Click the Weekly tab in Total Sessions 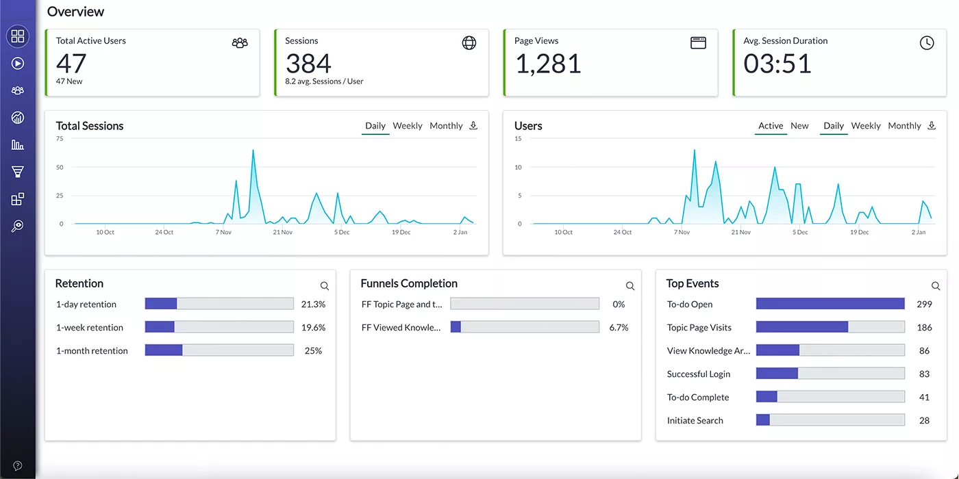408,126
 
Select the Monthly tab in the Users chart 904,126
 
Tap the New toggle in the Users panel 799,126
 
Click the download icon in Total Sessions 473,126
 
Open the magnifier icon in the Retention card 325,286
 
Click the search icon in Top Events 936,286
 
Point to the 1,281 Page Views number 548,64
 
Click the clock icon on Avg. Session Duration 927,43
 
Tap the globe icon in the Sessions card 469,43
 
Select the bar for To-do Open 830,304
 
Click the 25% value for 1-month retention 313,351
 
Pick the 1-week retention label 90,328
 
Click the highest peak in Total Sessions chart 253,150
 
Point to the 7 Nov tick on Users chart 682,233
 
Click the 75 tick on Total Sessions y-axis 60,139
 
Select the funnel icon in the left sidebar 18,172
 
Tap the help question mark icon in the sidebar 18,466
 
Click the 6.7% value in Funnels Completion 619,328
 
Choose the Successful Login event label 699,374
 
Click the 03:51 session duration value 777,64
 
